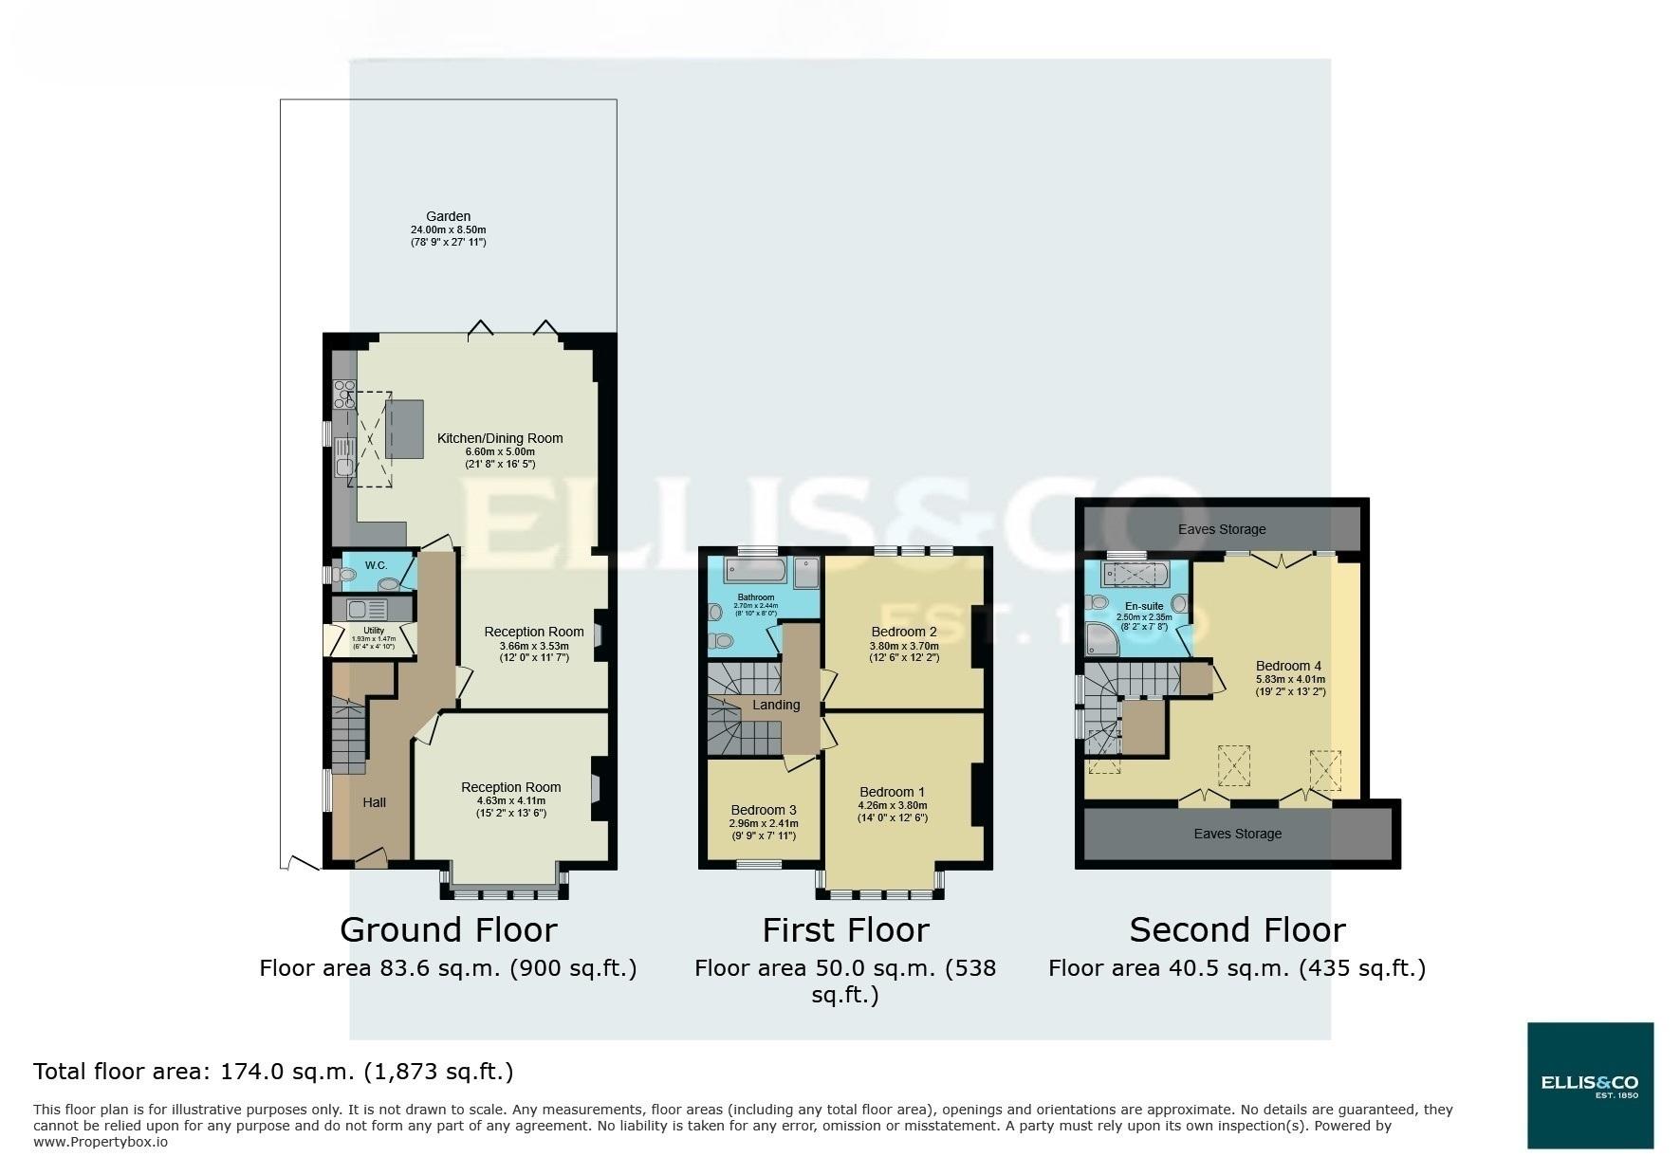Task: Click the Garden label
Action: tap(448, 216)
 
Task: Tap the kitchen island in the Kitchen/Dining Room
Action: tap(404, 430)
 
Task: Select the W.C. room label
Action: tap(376, 566)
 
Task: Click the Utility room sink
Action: tap(358, 609)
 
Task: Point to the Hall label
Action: tap(374, 802)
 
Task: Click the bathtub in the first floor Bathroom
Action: tap(756, 571)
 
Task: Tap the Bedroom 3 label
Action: tap(763, 810)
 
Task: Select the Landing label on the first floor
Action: tap(776, 705)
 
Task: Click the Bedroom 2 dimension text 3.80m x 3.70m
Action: tap(904, 647)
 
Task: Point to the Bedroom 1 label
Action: tap(892, 792)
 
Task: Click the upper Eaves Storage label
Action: tap(1222, 529)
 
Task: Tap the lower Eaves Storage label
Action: tap(1237, 834)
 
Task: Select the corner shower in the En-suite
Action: tap(1103, 640)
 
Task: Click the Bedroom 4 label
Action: tap(1288, 666)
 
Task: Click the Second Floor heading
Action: tap(1237, 929)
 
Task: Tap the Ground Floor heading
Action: tap(448, 929)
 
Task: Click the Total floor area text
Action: tap(273, 1072)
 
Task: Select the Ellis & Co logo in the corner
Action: tap(1590, 1085)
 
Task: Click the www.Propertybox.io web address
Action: tap(101, 1142)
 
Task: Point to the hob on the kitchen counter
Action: tap(343, 394)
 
